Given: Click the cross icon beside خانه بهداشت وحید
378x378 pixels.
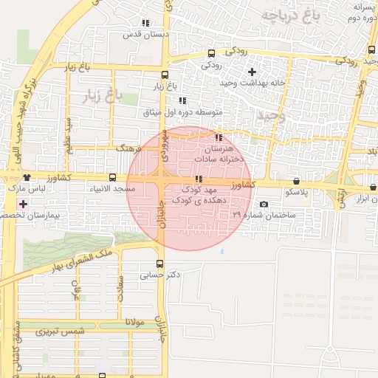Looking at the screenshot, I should point(252,72).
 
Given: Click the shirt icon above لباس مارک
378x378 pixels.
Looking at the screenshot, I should point(27,178).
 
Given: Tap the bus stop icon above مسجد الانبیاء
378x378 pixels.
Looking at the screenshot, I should point(112,178).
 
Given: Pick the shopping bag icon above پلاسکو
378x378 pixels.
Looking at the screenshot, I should point(296,181).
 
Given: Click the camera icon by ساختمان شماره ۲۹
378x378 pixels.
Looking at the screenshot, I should point(264,205).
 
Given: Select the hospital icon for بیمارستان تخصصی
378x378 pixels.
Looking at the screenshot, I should point(24,204).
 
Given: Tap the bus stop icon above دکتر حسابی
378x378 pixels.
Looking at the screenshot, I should point(160,264).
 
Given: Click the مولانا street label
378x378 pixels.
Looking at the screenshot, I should point(117,323).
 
